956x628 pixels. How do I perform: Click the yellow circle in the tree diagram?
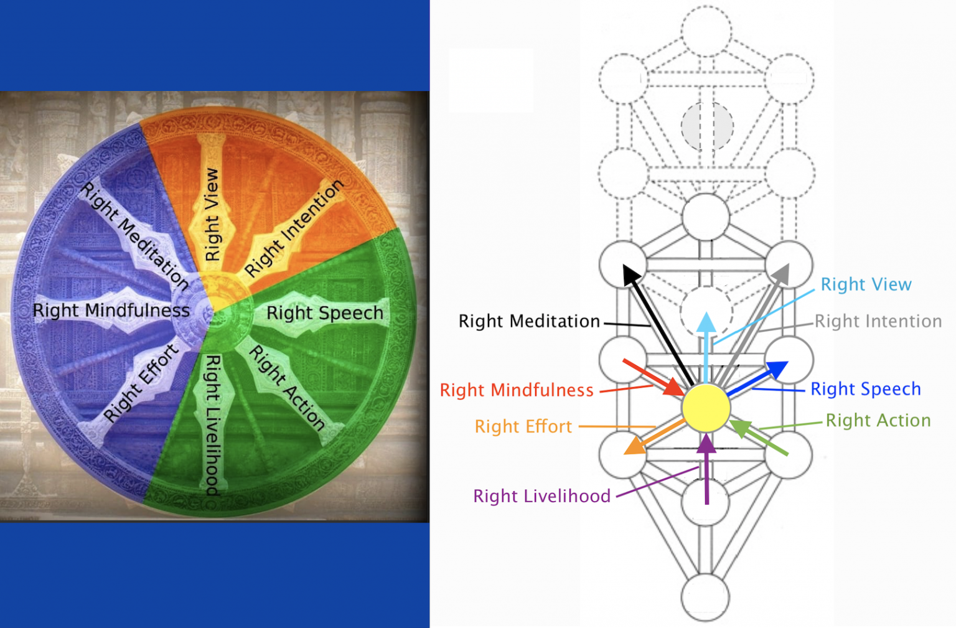click(x=706, y=408)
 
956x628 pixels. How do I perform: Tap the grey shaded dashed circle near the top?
click(x=706, y=126)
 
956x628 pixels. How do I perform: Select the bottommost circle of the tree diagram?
click(x=705, y=597)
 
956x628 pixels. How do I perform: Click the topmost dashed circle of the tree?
click(x=706, y=31)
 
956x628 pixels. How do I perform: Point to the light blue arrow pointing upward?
click(x=706, y=349)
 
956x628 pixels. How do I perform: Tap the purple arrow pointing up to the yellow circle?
click(x=706, y=470)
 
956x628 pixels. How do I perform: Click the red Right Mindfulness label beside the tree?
click(x=517, y=390)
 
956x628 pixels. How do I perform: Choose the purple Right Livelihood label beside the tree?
click(x=541, y=496)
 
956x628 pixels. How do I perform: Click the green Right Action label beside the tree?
click(x=878, y=421)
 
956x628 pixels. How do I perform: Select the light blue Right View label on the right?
click(x=866, y=284)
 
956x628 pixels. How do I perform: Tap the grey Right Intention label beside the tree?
click(x=878, y=321)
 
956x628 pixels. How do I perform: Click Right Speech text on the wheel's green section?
click(x=324, y=312)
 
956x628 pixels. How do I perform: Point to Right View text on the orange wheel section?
click(x=212, y=215)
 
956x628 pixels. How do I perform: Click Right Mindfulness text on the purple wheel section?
click(x=111, y=310)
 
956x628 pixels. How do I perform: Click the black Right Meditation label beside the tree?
click(x=529, y=321)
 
